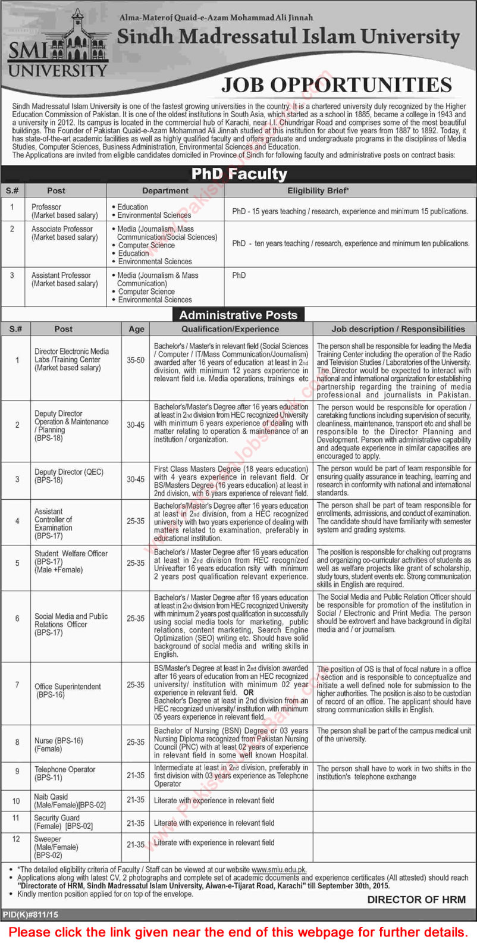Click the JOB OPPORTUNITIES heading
click(x=337, y=85)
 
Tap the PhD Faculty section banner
click(x=238, y=174)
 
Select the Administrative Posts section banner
click(x=238, y=315)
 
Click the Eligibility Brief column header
click(x=318, y=191)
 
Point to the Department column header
click(x=165, y=191)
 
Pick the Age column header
click(x=136, y=328)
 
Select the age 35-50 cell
click(x=136, y=360)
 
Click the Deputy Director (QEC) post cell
click(x=68, y=475)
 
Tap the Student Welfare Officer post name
click(x=71, y=553)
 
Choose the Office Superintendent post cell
click(x=68, y=690)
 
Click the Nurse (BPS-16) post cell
click(x=58, y=744)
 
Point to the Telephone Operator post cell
click(x=64, y=773)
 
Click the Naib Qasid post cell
click(x=70, y=800)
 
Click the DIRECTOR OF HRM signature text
click(x=416, y=900)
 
